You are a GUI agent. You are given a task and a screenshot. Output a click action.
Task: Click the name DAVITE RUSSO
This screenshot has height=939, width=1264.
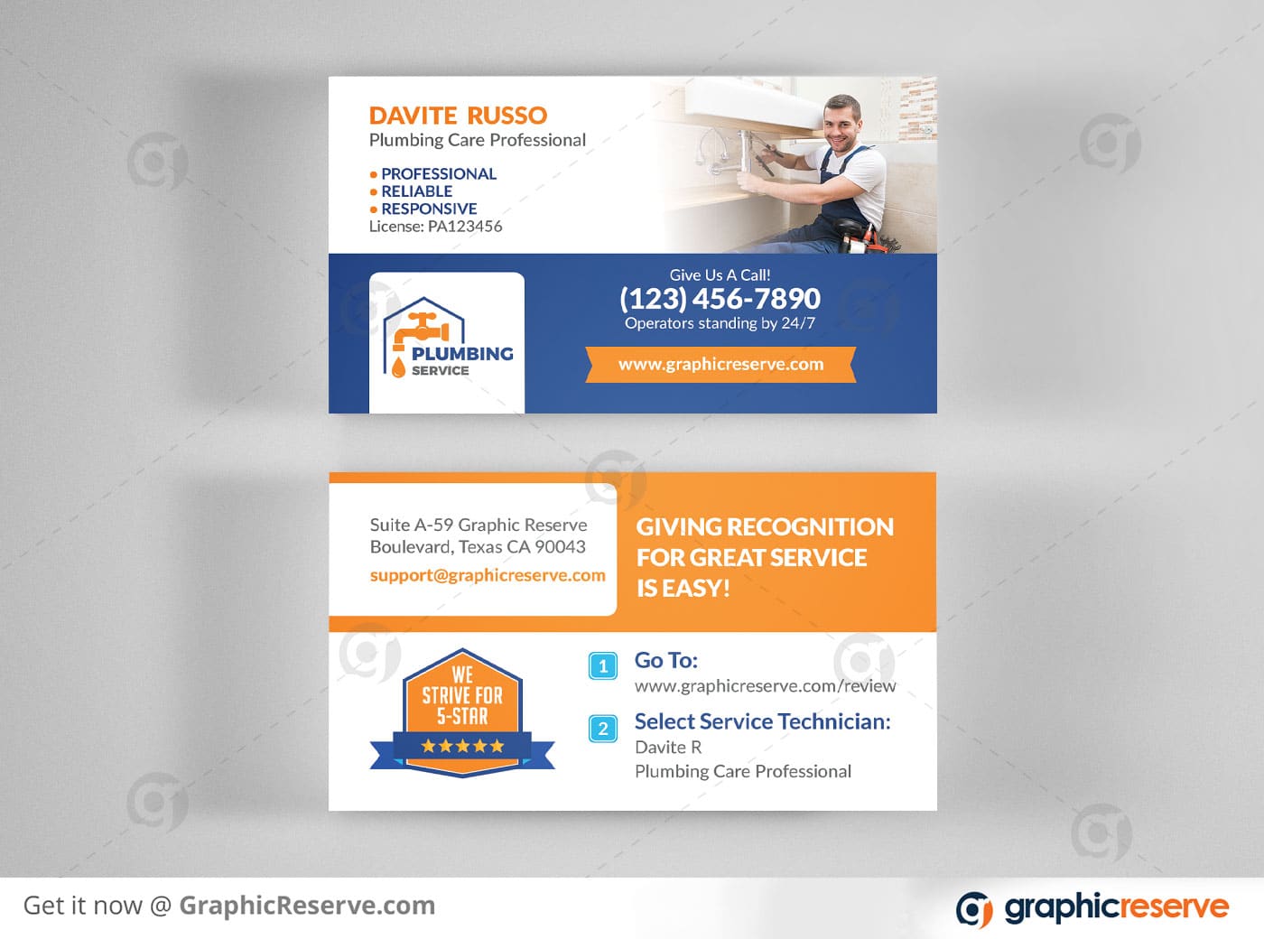point(458,116)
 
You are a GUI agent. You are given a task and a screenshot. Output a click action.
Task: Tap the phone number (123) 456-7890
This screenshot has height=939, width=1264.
point(720,299)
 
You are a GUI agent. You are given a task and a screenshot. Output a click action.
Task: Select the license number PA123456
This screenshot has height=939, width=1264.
point(465,227)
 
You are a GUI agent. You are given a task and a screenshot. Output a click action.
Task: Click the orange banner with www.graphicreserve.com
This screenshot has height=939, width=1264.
point(720,364)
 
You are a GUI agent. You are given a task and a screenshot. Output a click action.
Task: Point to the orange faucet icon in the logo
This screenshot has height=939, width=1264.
point(421,330)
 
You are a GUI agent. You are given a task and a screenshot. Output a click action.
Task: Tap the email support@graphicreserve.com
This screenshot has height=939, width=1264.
point(488,575)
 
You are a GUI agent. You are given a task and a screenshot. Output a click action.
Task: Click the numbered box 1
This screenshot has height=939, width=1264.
point(602,666)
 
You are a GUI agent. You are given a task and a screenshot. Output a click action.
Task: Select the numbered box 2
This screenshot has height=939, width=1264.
point(602,729)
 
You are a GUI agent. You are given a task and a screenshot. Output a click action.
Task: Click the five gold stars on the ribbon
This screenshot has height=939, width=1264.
point(462,745)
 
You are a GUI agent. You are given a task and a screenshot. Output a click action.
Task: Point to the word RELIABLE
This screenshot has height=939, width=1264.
point(416,191)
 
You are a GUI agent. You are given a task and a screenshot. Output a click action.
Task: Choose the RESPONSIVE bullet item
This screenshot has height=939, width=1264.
point(423,209)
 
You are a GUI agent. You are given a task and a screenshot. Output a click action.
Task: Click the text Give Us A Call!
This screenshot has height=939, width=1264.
point(720,274)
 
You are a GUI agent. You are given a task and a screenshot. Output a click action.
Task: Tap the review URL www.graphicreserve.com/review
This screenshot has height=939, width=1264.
point(766,686)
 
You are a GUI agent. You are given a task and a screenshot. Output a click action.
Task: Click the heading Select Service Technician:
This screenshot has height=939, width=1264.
point(763,721)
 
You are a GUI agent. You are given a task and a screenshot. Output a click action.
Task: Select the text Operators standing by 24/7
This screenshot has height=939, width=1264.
point(720,323)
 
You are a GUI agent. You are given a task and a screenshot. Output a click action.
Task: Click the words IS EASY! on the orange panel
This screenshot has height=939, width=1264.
point(683,589)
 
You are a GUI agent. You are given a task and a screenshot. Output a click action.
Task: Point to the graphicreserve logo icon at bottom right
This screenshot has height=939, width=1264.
point(974,909)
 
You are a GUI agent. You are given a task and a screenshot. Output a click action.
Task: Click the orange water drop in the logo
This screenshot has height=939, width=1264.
point(398,367)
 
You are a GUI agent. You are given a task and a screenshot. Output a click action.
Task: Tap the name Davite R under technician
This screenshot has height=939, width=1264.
point(668,747)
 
